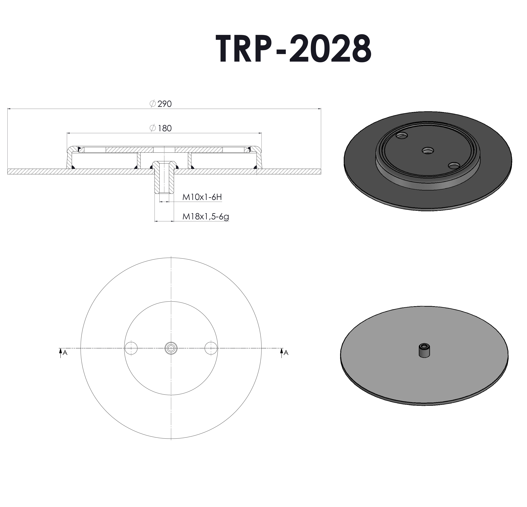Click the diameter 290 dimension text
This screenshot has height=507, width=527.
(x=161, y=104)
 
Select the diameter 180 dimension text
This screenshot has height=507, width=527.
(x=161, y=128)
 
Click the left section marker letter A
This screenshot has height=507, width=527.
(x=65, y=353)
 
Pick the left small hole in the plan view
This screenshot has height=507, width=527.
(x=131, y=348)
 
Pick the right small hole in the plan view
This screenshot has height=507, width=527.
(x=211, y=348)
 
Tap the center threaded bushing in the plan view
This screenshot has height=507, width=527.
(x=171, y=348)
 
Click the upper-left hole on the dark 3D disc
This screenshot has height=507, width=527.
(x=402, y=135)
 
